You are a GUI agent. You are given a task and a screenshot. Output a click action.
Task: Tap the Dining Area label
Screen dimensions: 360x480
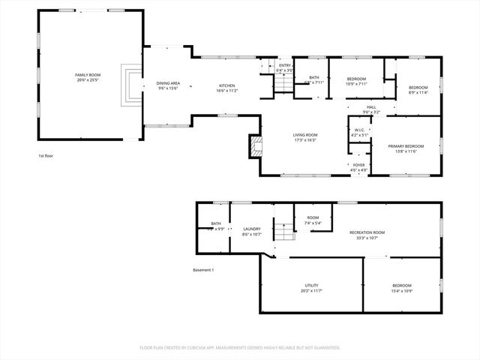(x=168, y=83)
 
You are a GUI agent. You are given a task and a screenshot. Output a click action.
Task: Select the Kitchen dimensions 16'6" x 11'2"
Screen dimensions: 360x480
(x=226, y=91)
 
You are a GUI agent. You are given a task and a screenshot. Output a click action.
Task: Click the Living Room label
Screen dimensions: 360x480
(x=304, y=135)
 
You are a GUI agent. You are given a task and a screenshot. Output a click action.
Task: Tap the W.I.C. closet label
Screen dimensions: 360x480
(x=359, y=133)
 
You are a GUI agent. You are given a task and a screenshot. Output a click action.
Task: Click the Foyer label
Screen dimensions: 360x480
(x=360, y=165)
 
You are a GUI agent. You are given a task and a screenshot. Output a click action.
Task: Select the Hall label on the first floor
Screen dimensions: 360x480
(x=371, y=107)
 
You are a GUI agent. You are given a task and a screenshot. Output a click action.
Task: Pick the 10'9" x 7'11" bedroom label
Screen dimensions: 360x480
(x=356, y=79)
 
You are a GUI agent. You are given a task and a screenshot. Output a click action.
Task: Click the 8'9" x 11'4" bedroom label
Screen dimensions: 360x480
(x=418, y=88)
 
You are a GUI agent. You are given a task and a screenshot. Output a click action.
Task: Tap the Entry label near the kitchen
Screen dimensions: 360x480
(x=285, y=66)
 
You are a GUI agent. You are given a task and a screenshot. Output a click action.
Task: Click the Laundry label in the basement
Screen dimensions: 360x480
(x=251, y=229)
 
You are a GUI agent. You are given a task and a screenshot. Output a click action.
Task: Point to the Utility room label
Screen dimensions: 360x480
(x=311, y=286)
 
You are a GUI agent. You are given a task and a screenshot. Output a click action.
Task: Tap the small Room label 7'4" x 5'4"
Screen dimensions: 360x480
(x=313, y=217)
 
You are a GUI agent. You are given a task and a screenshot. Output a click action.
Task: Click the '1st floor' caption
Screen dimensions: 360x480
(x=46, y=155)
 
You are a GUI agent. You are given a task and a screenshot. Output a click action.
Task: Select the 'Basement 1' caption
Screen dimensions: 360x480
(x=203, y=270)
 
